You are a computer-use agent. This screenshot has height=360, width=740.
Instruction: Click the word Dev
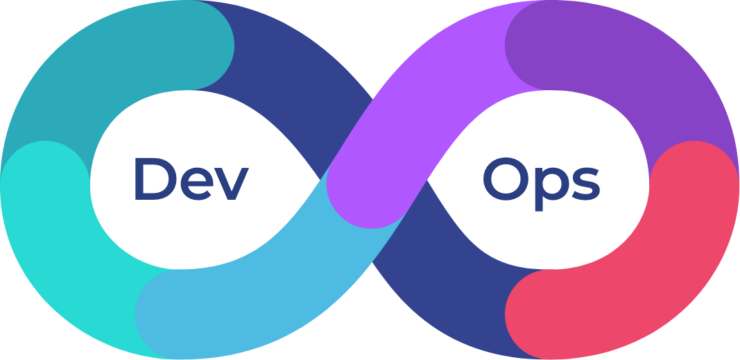click(190, 180)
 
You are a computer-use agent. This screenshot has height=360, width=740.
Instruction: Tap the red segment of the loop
click(640, 270)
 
